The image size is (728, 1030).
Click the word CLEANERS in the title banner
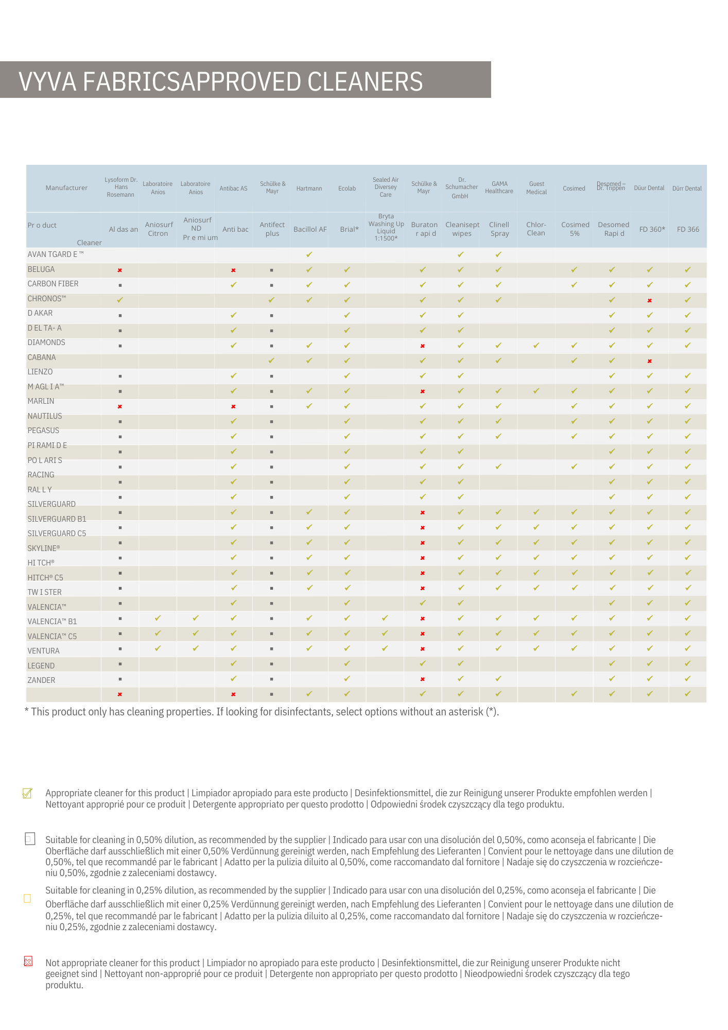[x=365, y=82]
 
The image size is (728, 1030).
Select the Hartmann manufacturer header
[x=309, y=188]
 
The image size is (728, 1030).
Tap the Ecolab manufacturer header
[x=347, y=188]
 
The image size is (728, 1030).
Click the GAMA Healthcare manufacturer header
[x=499, y=187]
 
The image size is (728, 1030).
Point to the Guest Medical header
[x=536, y=188]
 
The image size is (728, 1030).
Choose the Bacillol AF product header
[x=310, y=229]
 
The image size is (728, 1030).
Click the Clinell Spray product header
[x=499, y=229]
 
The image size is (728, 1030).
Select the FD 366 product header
[x=688, y=229]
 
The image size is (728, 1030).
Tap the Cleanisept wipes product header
[x=462, y=229]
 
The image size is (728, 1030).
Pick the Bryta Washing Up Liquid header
[x=386, y=227]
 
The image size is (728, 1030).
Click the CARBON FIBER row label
[x=53, y=284]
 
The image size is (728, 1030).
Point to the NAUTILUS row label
[x=45, y=416]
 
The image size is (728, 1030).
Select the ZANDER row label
[x=41, y=680]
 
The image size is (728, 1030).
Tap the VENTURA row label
[x=43, y=651]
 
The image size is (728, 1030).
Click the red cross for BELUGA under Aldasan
[x=120, y=270]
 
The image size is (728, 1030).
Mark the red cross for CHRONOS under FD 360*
[x=650, y=301]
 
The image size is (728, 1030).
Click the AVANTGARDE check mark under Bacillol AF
[x=309, y=254]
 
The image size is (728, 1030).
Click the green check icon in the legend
[x=28, y=793]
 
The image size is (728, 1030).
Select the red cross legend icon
[x=28, y=961]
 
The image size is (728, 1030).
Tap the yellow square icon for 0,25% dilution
[x=28, y=898]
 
